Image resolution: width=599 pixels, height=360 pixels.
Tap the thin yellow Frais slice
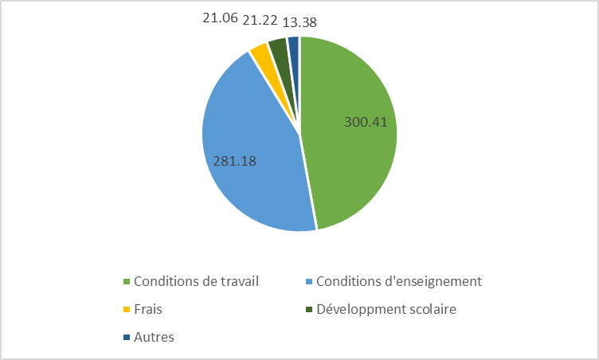tap(260, 54)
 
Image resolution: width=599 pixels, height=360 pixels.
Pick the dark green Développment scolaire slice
tap(277, 48)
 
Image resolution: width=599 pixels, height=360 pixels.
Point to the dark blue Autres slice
tap(293, 45)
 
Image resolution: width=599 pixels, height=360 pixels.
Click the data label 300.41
tap(370, 123)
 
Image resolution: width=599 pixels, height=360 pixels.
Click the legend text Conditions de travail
tap(197, 281)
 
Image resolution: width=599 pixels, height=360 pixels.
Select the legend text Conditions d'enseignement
tap(399, 281)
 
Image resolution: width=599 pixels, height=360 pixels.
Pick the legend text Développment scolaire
tap(386, 309)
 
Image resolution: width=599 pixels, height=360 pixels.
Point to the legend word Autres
tap(155, 337)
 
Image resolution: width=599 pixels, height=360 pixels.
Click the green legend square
tap(127, 282)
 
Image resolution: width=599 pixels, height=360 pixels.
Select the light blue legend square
tap(309, 282)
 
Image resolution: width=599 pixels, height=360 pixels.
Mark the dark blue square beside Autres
tap(127, 338)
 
